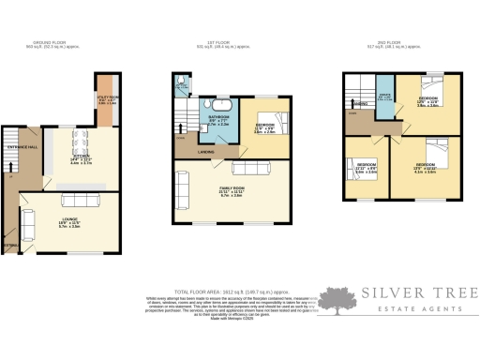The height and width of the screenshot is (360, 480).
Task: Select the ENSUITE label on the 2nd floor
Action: (384, 96)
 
